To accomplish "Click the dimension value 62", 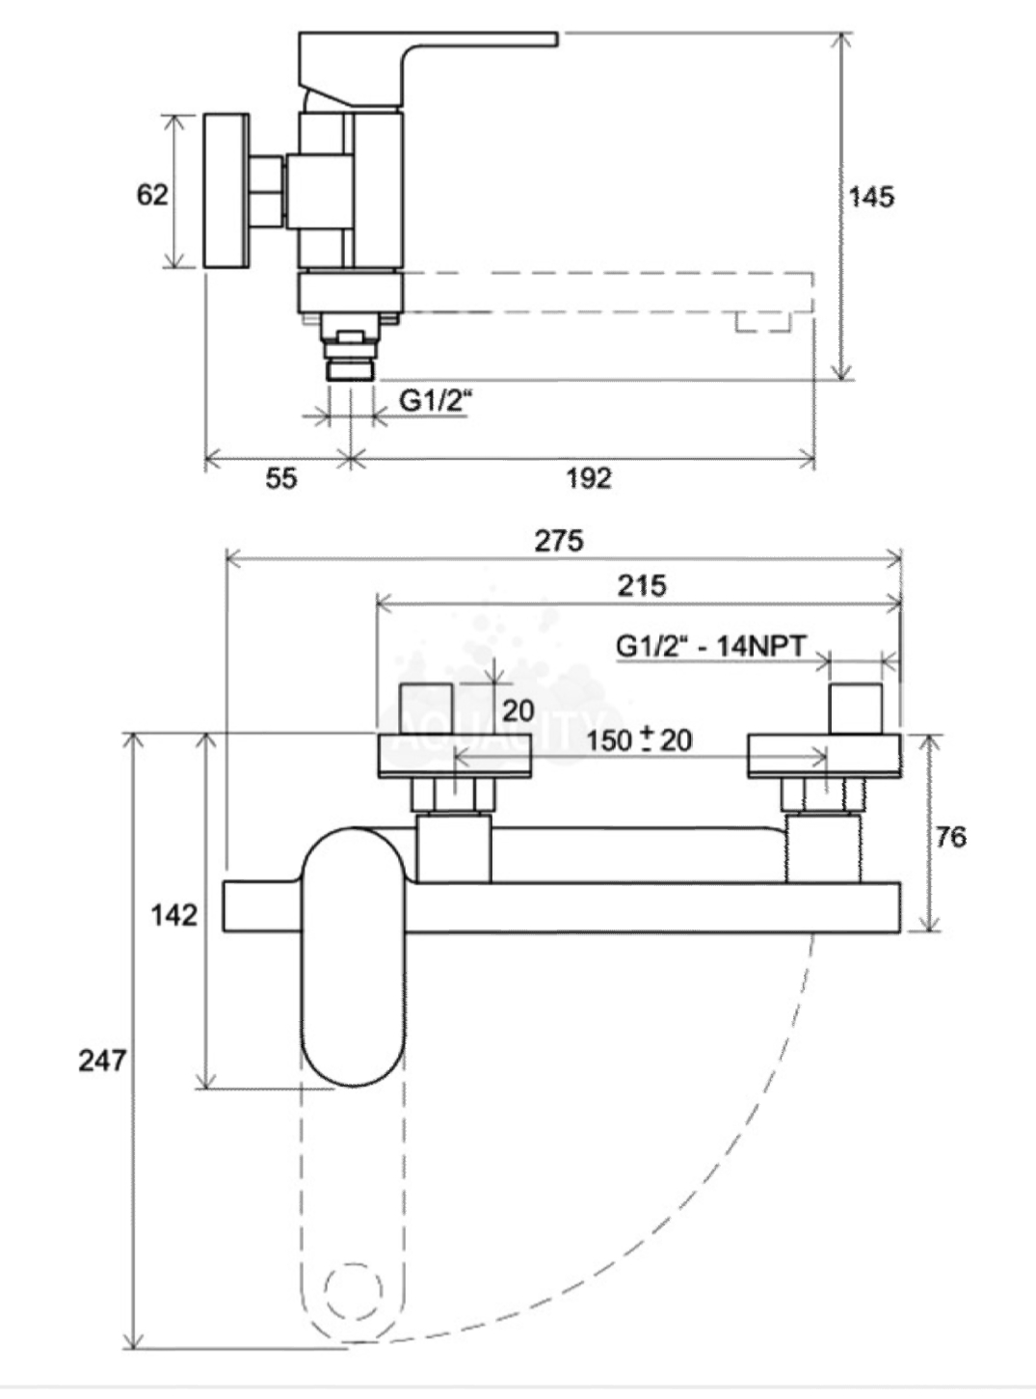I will (152, 195).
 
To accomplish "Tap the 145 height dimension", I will (871, 198).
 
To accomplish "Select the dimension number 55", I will (280, 478).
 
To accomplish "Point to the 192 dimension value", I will (588, 478).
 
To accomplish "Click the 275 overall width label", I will (559, 541).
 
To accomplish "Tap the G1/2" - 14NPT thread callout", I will (710, 645).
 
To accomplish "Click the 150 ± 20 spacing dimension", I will (639, 740).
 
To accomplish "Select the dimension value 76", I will (950, 837).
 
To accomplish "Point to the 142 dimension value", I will (173, 914).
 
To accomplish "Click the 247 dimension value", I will (102, 1061).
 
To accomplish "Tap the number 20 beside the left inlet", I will (518, 712).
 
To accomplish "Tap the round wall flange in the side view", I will (229, 192).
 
